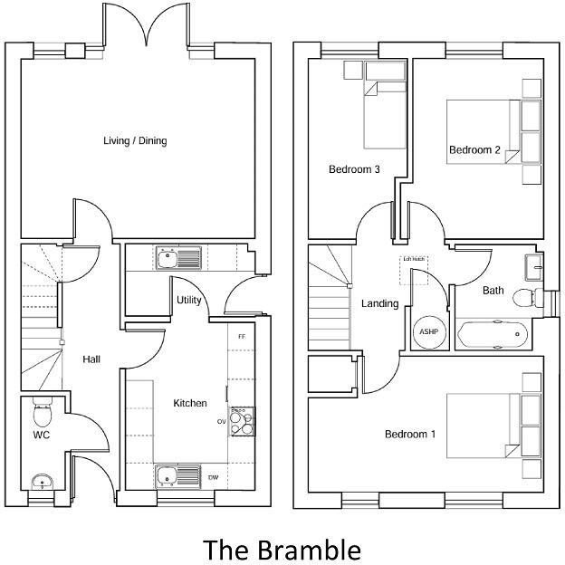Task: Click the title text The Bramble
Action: pyautogui.click(x=282, y=549)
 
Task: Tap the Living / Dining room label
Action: pyautogui.click(x=135, y=140)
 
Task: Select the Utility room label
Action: pyautogui.click(x=189, y=300)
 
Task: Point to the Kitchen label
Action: pyautogui.click(x=190, y=403)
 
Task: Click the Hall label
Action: pyautogui.click(x=91, y=359)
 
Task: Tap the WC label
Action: pyautogui.click(x=42, y=436)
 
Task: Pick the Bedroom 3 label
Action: pyautogui.click(x=354, y=169)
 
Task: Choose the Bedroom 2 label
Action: pyautogui.click(x=475, y=149)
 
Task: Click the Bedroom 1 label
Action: pyautogui.click(x=410, y=434)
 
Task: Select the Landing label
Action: pyautogui.click(x=379, y=303)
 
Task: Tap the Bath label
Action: pyautogui.click(x=493, y=291)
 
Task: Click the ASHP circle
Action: pyautogui.click(x=428, y=331)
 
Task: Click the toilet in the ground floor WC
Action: pyautogui.click(x=42, y=413)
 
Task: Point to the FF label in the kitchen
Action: pyautogui.click(x=241, y=337)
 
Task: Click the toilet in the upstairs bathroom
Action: pyautogui.click(x=525, y=298)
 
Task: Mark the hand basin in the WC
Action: pyautogui.click(x=41, y=482)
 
